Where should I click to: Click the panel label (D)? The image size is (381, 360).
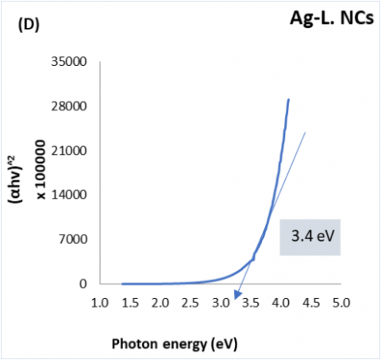click(x=29, y=25)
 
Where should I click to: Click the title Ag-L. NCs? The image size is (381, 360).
click(x=332, y=18)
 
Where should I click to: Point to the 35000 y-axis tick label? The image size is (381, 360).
click(x=69, y=62)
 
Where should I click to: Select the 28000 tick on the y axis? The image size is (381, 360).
click(x=69, y=106)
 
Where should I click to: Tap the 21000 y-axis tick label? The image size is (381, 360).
click(x=69, y=151)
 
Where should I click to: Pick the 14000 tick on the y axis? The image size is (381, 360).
click(x=69, y=195)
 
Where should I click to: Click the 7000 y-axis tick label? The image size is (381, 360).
click(x=73, y=239)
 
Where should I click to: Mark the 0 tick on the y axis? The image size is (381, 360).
click(x=83, y=284)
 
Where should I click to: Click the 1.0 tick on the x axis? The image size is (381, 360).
click(x=100, y=303)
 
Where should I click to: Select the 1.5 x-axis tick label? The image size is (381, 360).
click(x=130, y=303)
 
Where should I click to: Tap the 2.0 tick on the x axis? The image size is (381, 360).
click(x=160, y=303)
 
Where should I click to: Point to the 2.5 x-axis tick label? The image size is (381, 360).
click(x=190, y=303)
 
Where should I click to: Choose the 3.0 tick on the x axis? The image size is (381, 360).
click(x=221, y=303)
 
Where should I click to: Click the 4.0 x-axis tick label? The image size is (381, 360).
click(x=281, y=303)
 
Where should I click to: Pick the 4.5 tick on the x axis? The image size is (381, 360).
click(x=311, y=303)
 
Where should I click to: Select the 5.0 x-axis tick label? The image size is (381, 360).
click(x=341, y=303)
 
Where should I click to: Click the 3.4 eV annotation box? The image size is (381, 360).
click(x=310, y=238)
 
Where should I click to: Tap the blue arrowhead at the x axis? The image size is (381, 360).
click(x=237, y=295)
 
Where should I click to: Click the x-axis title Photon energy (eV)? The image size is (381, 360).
click(x=175, y=344)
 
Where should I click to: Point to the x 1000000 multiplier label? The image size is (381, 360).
click(x=40, y=170)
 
